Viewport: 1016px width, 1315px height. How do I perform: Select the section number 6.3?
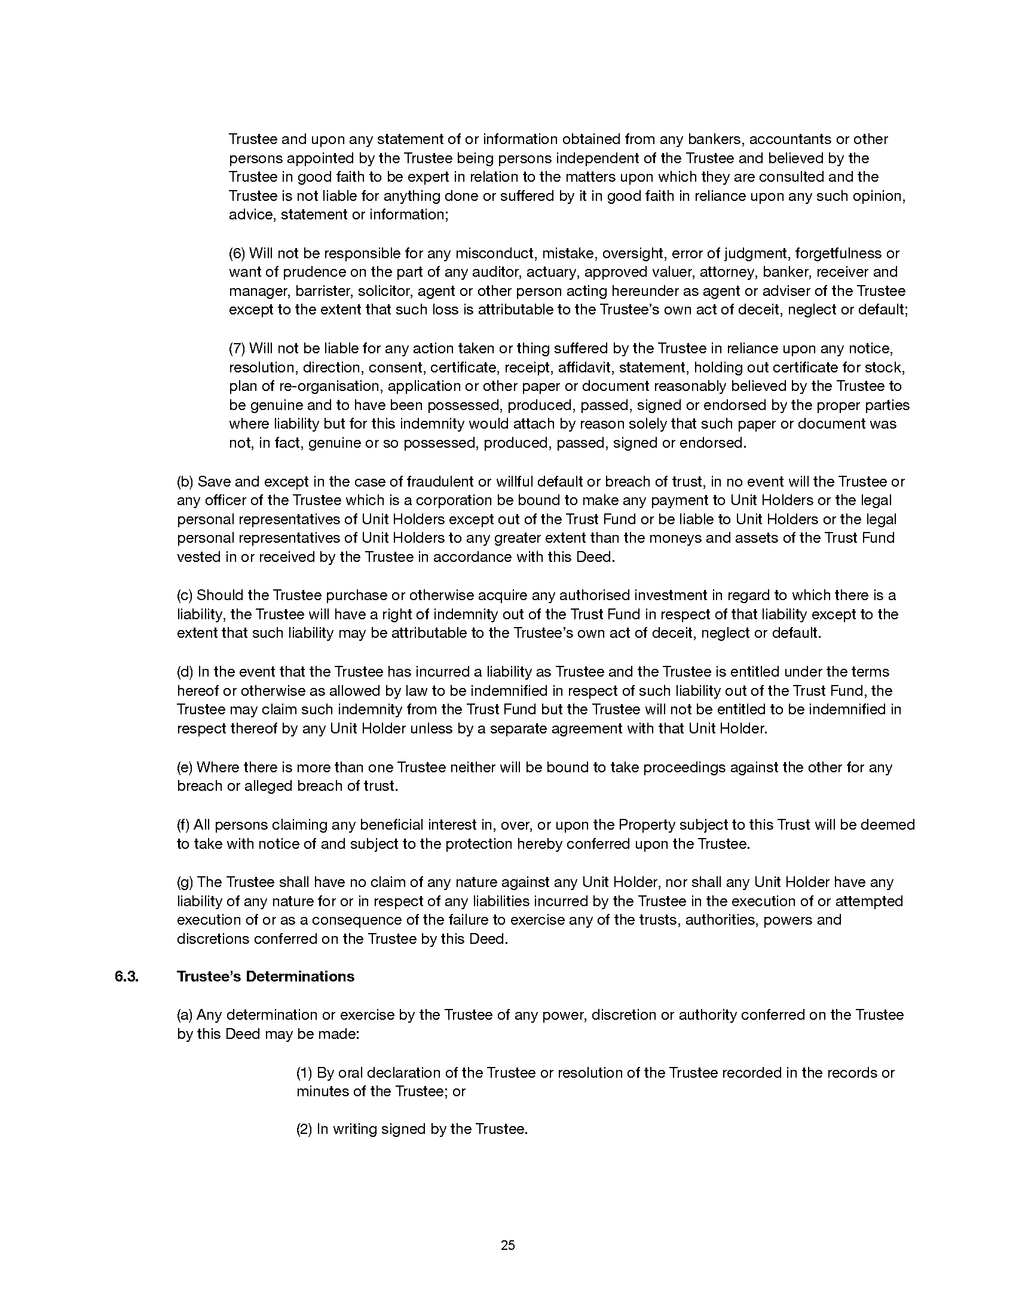126,976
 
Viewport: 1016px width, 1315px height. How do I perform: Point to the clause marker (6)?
237,253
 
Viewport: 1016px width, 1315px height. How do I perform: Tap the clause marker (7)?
237,348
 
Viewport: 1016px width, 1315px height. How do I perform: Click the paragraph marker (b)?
185,481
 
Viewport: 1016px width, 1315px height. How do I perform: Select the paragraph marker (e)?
185,767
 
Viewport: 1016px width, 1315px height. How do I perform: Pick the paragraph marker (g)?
185,882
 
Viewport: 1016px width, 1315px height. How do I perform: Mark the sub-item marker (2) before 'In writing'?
304,1129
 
